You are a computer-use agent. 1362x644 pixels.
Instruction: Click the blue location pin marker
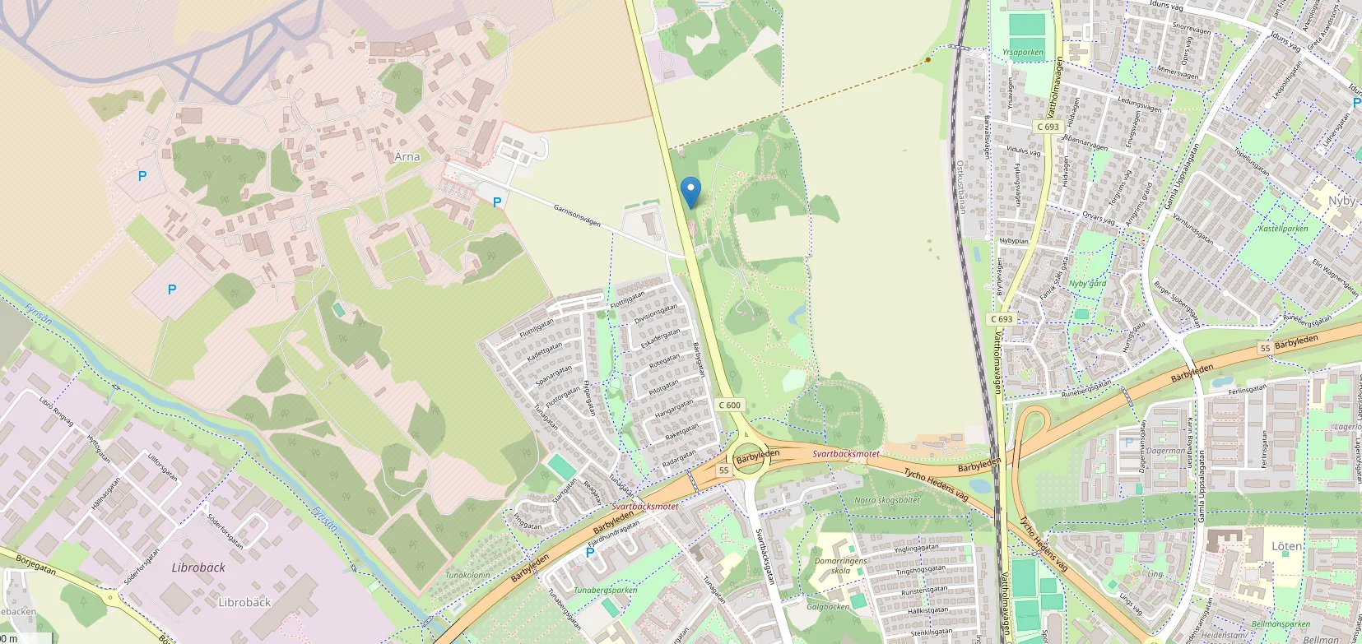point(690,192)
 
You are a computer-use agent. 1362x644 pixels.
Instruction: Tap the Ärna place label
point(407,156)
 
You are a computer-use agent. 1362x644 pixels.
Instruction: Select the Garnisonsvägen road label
point(577,215)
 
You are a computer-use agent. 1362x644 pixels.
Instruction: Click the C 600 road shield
point(730,405)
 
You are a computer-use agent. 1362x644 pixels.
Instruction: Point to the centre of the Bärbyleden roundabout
point(747,457)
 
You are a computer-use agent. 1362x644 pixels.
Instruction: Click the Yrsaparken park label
point(1023,53)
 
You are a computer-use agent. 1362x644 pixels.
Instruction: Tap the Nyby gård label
point(1087,284)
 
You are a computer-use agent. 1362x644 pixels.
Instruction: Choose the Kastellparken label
point(1283,229)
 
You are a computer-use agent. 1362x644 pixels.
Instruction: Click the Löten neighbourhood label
point(1287,546)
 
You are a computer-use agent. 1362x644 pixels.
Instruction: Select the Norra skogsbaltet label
point(887,500)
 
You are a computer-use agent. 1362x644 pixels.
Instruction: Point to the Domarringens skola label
point(841,566)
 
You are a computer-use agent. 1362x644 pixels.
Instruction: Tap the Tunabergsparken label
point(605,590)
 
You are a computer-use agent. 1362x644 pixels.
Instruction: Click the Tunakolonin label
point(467,575)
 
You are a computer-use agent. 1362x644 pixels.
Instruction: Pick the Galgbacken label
point(828,607)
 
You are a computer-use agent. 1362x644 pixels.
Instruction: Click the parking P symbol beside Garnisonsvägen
point(497,202)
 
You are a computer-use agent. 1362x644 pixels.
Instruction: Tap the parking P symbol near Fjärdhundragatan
point(589,553)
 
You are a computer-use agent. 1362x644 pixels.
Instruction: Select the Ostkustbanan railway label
point(960,187)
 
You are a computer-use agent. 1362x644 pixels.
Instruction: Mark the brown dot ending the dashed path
point(928,59)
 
